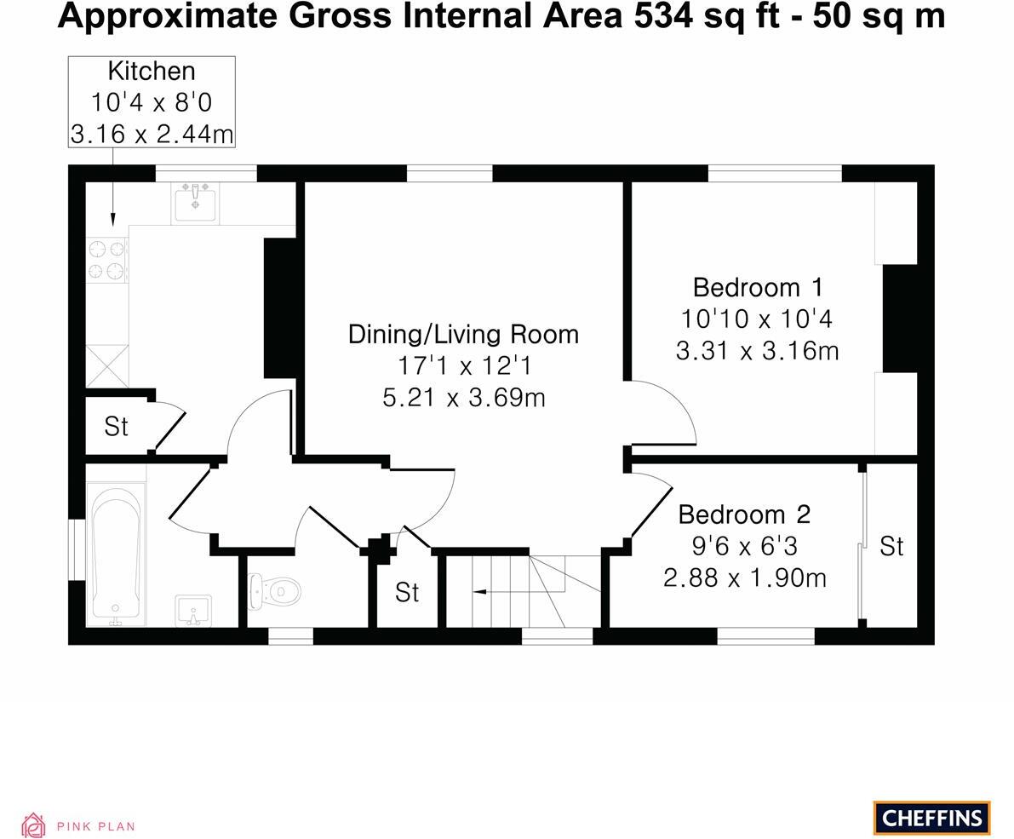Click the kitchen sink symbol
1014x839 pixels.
tap(195, 203)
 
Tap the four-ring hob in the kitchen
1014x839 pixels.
tap(106, 260)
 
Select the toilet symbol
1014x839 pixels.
tap(275, 590)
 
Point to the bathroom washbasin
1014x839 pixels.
tap(193, 611)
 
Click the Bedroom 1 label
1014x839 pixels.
tap(758, 286)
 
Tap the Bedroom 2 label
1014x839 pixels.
tap(744, 514)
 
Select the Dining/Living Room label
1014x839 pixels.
tap(464, 335)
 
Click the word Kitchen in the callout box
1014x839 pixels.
tap(152, 71)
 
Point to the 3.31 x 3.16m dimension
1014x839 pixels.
tap(758, 351)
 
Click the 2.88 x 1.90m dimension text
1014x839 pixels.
tap(745, 578)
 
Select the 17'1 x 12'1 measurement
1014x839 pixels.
tap(464, 366)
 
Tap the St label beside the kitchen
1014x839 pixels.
tap(117, 426)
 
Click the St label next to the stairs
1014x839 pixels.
tap(408, 592)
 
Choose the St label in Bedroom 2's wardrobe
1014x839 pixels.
tap(891, 547)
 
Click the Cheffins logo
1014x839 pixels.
tap(932, 818)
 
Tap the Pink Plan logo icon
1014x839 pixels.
tap(33, 825)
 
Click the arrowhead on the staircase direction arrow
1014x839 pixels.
tap(478, 591)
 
